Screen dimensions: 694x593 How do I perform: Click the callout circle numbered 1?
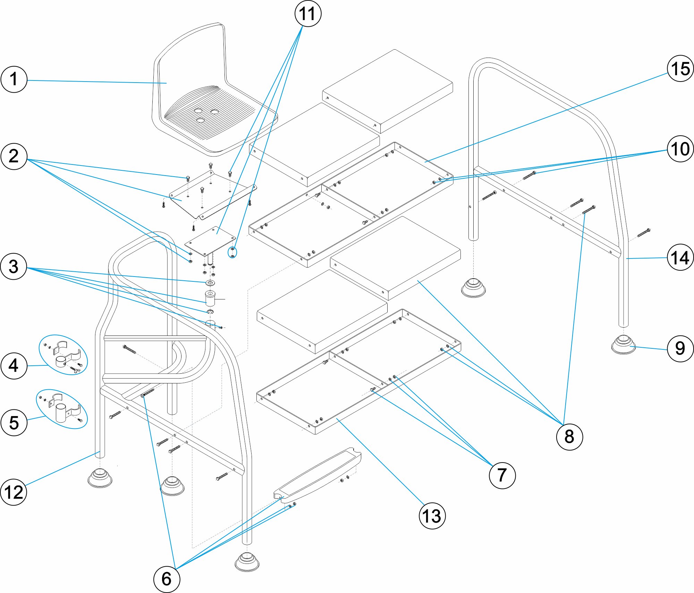coord(14,79)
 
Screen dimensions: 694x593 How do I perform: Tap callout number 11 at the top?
coord(308,14)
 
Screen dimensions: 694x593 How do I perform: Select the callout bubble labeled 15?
coord(680,68)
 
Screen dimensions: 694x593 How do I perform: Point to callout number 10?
coord(680,149)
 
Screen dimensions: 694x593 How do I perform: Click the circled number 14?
coord(680,257)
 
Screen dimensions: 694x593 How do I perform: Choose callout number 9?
coord(680,349)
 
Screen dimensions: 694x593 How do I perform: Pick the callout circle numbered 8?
coord(569,437)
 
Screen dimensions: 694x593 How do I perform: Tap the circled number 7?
coord(502,475)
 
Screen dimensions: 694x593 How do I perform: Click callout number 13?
coord(432,516)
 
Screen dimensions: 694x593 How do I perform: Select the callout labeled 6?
coord(167,579)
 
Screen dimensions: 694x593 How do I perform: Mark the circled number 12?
coord(14,492)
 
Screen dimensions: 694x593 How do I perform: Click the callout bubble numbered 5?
coord(14,422)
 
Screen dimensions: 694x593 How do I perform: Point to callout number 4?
coord(14,366)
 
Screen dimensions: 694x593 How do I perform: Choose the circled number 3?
coord(14,266)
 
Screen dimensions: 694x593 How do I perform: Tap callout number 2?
coord(14,156)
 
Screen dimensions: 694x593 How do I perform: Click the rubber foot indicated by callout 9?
coord(624,345)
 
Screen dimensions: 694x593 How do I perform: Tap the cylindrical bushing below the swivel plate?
coord(210,298)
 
